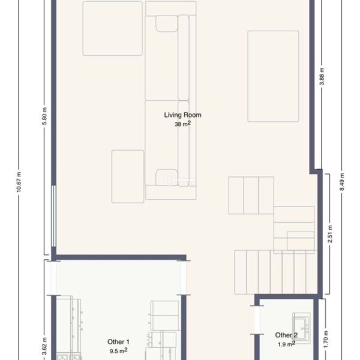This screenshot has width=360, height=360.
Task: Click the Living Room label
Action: [x=182, y=115]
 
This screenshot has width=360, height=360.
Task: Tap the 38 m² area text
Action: [x=182, y=124]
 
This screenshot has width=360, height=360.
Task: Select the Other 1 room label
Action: [x=118, y=341]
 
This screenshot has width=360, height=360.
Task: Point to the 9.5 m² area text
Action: [x=118, y=350]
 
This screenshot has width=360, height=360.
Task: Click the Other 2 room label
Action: [x=286, y=335]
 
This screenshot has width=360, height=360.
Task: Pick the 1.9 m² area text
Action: [x=286, y=344]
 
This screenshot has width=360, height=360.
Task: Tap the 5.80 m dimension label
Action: [x=44, y=116]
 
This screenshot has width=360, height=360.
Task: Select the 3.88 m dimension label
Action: [x=322, y=76]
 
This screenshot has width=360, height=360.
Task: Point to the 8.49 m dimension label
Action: [x=342, y=182]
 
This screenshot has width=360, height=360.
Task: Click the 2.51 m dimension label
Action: [x=330, y=234]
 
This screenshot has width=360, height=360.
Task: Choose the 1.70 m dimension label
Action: [x=326, y=339]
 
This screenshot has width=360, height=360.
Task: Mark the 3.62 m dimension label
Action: [x=44, y=346]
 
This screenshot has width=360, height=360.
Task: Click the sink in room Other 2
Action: [x=301, y=326]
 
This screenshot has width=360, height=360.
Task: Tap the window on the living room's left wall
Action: [x=53, y=216]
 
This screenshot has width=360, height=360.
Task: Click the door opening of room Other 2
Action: [x=257, y=320]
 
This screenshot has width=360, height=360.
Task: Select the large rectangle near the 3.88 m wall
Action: [x=273, y=76]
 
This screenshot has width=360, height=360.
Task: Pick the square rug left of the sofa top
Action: [x=113, y=28]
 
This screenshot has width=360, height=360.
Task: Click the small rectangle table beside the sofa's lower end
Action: [x=128, y=176]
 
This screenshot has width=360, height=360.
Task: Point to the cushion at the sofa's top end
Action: [x=167, y=23]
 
